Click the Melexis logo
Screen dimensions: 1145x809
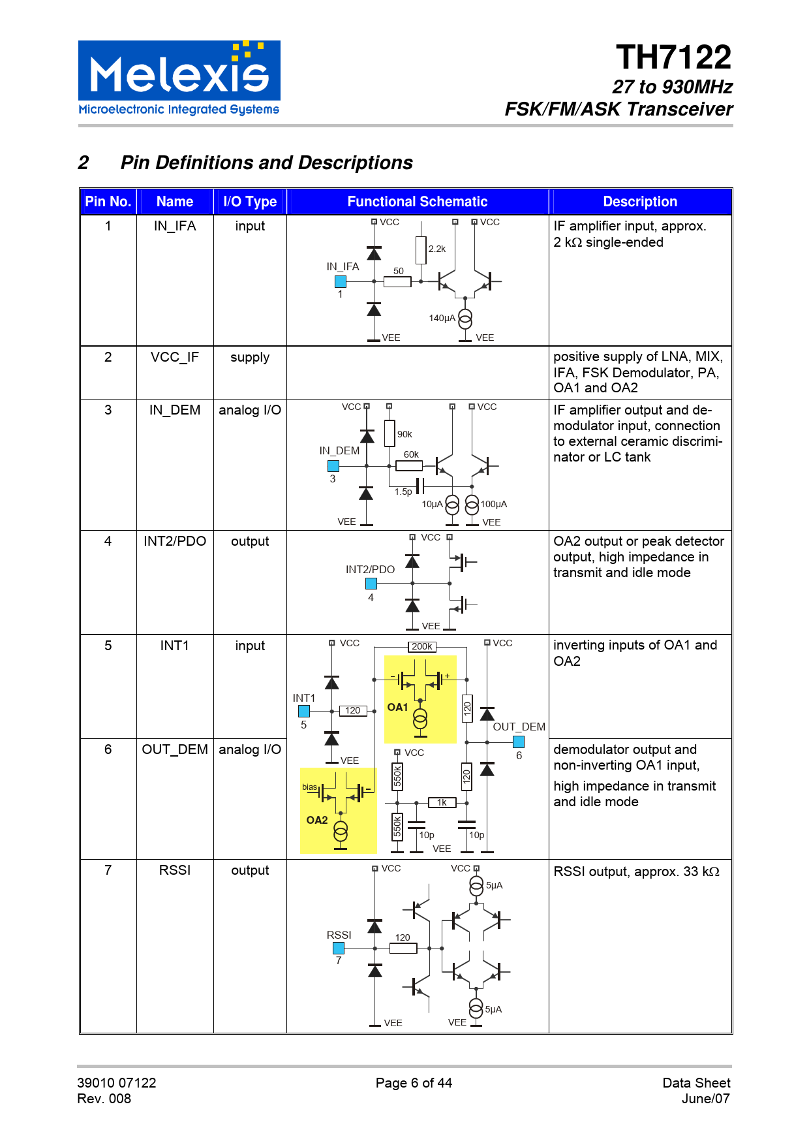click(179, 78)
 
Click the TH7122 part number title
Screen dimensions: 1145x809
click(673, 57)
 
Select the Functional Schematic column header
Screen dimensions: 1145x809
click(417, 202)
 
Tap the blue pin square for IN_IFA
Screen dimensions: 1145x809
click(341, 282)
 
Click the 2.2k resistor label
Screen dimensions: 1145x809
click(437, 249)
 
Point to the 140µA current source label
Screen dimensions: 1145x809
click(442, 318)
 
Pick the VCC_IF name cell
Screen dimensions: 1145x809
click(174, 357)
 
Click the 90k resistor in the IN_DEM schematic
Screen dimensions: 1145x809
click(390, 433)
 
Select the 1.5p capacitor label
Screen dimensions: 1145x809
click(403, 492)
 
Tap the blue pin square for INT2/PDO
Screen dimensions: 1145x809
click(371, 584)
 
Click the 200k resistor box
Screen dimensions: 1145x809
click(422, 647)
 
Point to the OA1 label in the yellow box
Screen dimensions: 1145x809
click(397, 707)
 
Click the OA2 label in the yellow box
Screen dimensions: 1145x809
click(317, 820)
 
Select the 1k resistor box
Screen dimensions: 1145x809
click(442, 802)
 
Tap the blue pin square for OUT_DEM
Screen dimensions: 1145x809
click(519, 742)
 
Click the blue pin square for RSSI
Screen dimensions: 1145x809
click(339, 948)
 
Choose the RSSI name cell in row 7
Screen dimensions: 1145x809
click(174, 870)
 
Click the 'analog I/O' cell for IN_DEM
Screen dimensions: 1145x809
click(250, 410)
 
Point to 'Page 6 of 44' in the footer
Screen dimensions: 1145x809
click(414, 1083)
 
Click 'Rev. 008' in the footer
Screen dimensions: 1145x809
click(104, 1099)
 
